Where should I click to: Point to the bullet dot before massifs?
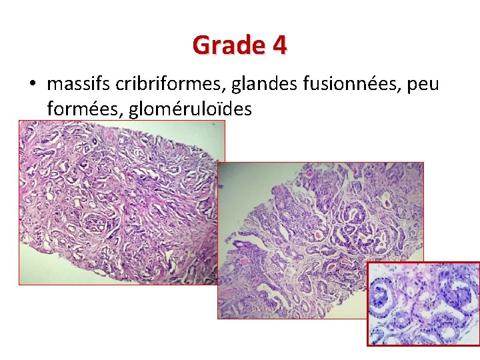[x=31, y=85]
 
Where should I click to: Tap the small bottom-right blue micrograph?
[x=423, y=303]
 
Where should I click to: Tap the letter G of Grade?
[x=201, y=45]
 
